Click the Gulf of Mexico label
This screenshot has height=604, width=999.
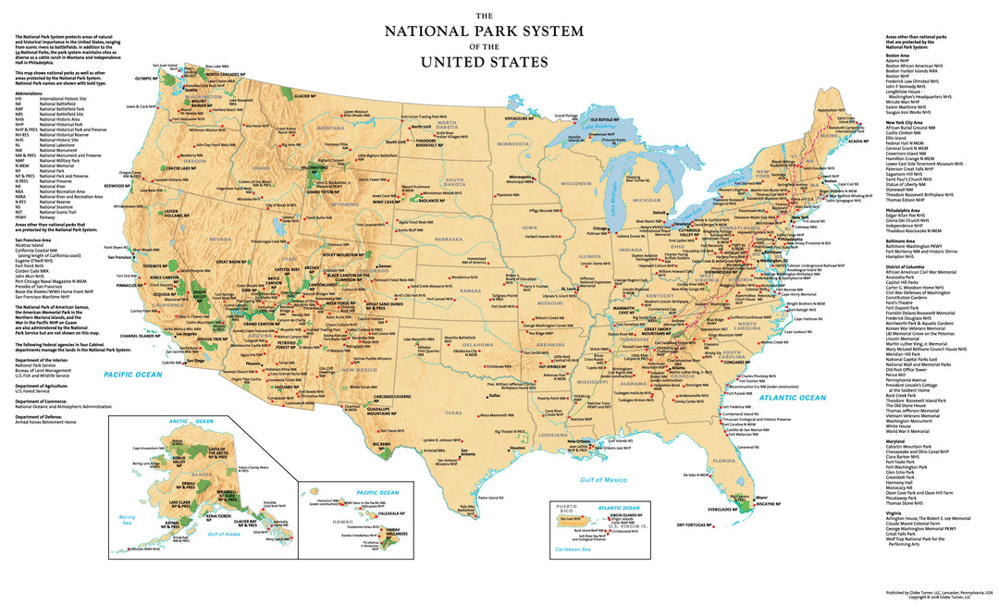pyautogui.click(x=603, y=479)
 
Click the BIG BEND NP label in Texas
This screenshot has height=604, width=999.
pyautogui.click(x=381, y=444)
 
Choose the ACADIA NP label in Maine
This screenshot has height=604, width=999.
pyautogui.click(x=858, y=141)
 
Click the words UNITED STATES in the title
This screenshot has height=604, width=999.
pyautogui.click(x=485, y=62)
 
